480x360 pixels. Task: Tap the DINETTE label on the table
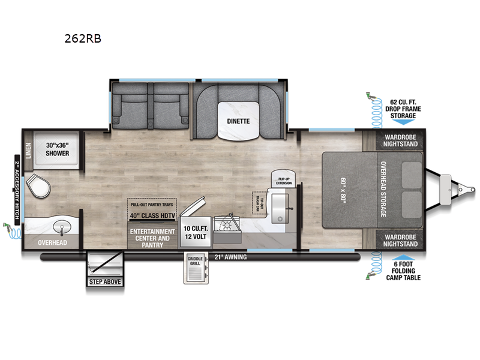238,121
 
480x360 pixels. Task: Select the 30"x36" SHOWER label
58,149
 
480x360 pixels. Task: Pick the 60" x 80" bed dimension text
344,190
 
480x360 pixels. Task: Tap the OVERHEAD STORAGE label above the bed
382,190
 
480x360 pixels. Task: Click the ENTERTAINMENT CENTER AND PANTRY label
152,238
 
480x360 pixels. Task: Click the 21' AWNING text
230,257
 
